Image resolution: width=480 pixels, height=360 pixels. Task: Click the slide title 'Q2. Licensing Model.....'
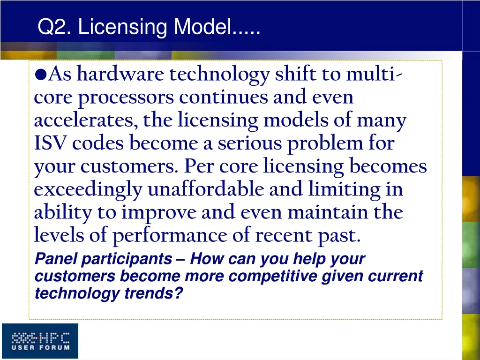pos(149,27)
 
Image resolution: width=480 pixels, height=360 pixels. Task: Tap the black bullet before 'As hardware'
pos(40,75)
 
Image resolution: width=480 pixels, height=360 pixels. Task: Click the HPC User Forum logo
pos(40,341)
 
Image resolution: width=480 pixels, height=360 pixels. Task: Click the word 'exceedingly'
pos(88,190)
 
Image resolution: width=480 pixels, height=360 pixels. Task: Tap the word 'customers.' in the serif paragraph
pos(130,166)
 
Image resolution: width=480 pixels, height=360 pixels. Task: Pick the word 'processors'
pos(126,97)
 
